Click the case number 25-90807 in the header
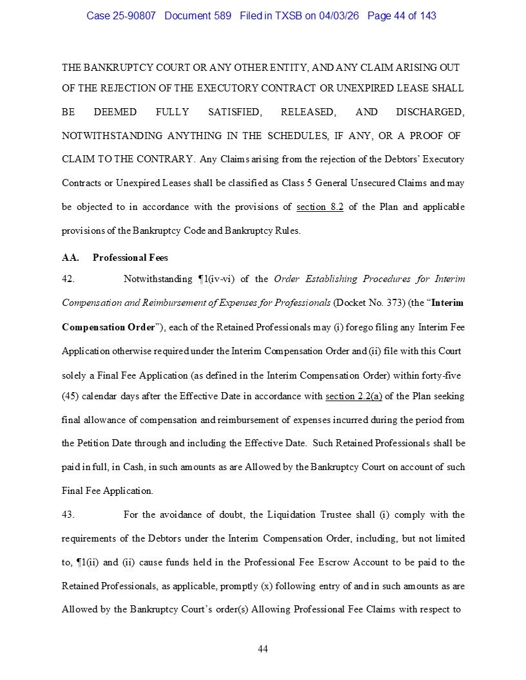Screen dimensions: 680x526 [135, 15]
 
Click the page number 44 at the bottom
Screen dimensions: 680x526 [263, 648]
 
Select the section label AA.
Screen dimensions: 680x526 [70, 258]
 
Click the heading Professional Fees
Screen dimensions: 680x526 [130, 258]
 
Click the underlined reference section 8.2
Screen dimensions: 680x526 [320, 207]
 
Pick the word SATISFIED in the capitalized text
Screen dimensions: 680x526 [235, 112]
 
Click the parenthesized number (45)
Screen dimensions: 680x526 [70, 396]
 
